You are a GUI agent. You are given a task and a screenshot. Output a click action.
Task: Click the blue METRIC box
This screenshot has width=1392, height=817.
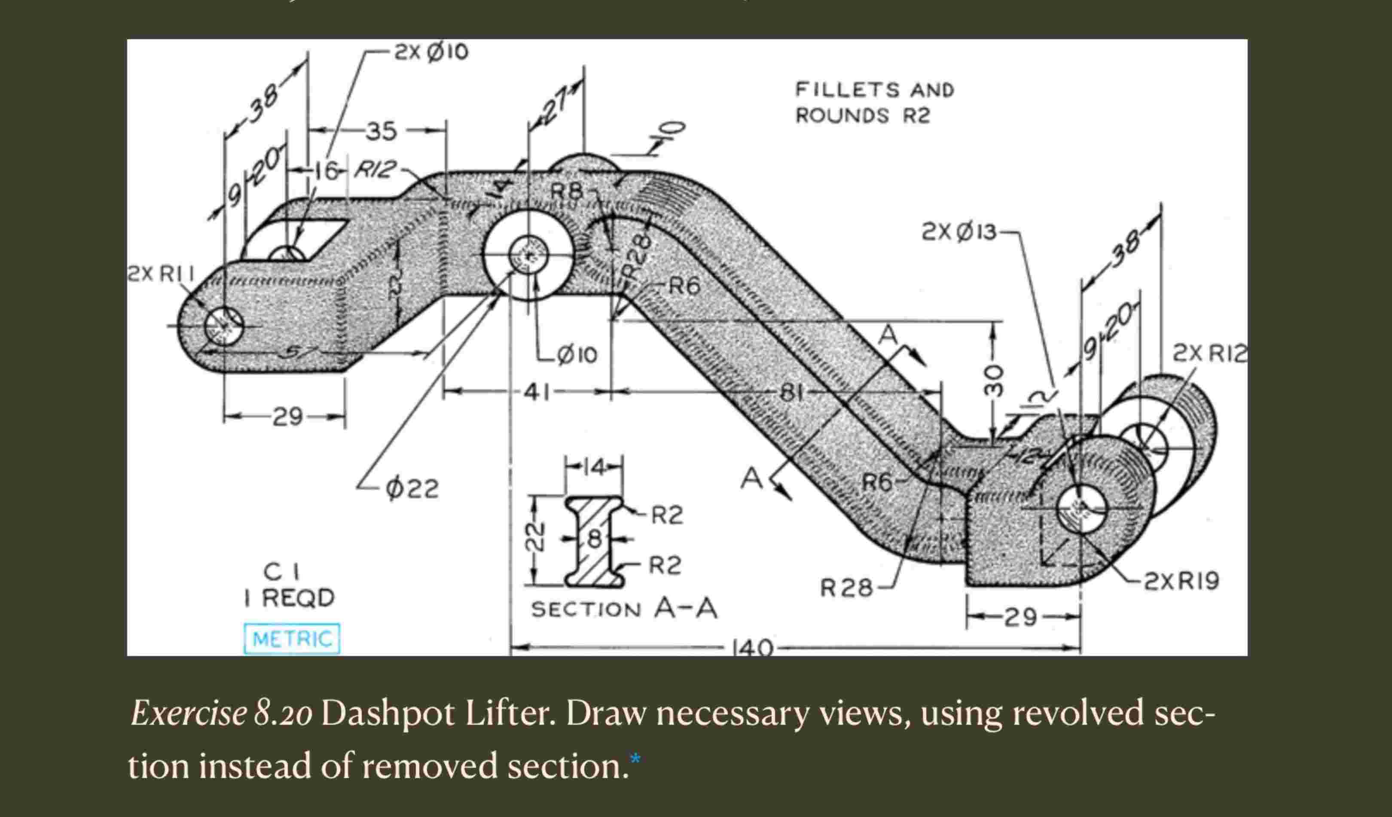(x=292, y=639)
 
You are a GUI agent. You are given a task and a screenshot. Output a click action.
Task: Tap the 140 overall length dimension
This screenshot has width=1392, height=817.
(x=752, y=647)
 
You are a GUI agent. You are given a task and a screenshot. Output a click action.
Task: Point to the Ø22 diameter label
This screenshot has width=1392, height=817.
(x=412, y=488)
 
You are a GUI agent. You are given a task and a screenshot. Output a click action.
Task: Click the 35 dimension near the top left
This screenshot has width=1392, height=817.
(x=382, y=131)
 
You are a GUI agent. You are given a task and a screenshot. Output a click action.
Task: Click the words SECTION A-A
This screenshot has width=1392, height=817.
(x=624, y=609)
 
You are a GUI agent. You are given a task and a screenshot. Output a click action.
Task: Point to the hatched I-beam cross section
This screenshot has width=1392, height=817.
(x=594, y=541)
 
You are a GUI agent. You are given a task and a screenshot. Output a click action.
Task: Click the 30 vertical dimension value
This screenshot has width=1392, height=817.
(x=993, y=380)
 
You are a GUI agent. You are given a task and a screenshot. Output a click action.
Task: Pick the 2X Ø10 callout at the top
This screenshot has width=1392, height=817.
(x=431, y=52)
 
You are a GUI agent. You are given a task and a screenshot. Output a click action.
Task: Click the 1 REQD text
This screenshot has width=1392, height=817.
(x=290, y=598)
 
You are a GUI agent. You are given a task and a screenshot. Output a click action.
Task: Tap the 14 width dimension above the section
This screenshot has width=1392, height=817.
(x=594, y=467)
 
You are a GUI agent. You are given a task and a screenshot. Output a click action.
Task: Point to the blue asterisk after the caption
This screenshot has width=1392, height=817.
(x=635, y=759)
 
